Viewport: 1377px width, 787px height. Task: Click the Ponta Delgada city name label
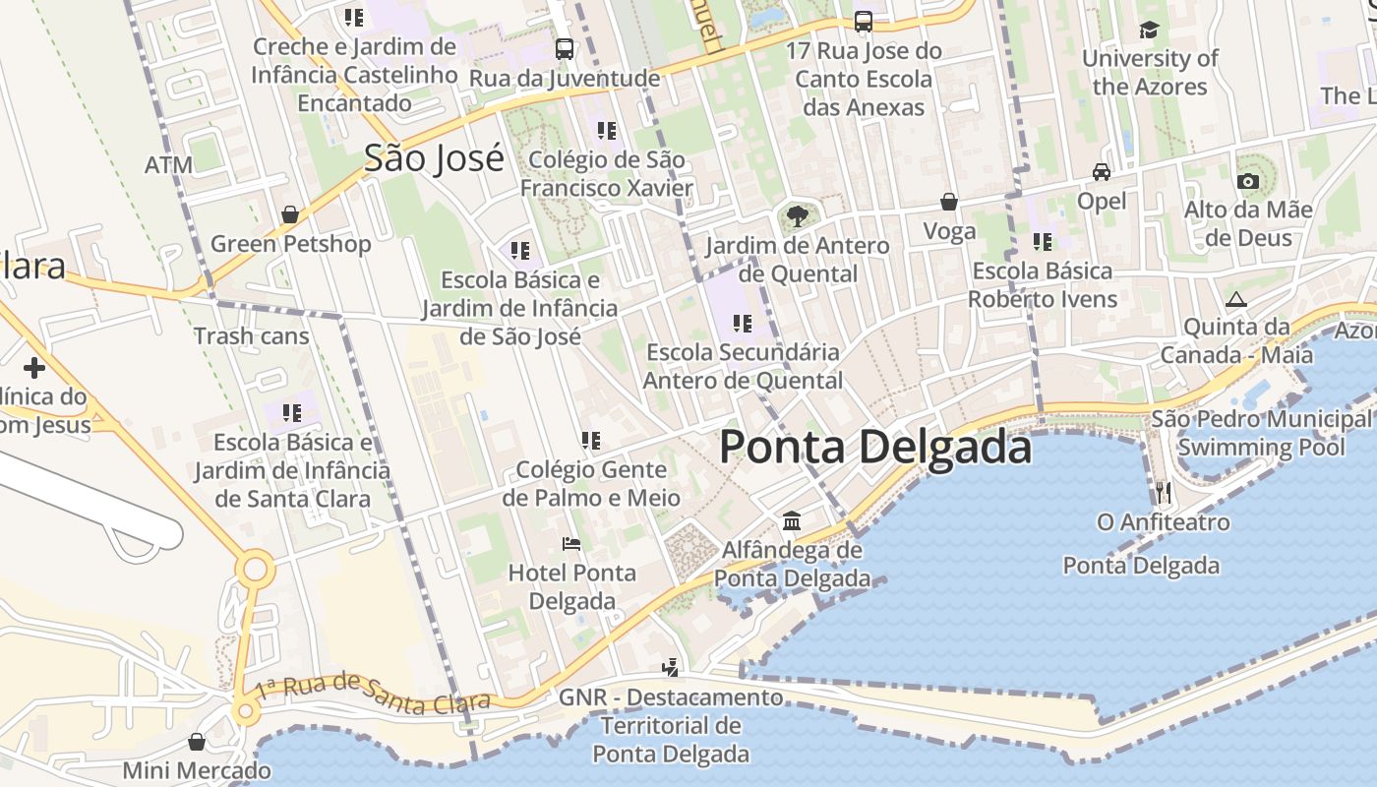[875, 448]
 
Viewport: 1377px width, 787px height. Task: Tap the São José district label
[434, 158]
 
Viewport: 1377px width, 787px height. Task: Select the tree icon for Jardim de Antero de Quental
[797, 216]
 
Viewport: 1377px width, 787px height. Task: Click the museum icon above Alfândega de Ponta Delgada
[792, 520]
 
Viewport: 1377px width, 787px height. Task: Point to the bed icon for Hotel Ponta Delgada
[571, 543]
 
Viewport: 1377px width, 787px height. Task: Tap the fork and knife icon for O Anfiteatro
[1162, 492]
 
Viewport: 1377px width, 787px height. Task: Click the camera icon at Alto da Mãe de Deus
[1247, 181]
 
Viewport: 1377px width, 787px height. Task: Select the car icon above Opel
[1102, 172]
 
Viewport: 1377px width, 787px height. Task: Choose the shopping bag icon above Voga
[949, 202]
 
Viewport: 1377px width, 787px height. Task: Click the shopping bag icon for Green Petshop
[290, 214]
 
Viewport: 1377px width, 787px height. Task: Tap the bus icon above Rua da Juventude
[565, 48]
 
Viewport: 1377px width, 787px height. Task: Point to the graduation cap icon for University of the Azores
[1149, 30]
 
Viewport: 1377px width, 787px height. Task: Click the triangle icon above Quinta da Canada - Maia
[1236, 299]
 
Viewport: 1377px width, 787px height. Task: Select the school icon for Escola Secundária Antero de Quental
[743, 323]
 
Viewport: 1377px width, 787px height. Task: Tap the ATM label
[168, 165]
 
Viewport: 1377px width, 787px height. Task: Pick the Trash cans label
[251, 336]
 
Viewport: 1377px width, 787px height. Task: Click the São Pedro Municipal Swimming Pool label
[1261, 433]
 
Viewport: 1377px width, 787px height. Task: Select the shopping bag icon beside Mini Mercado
[197, 742]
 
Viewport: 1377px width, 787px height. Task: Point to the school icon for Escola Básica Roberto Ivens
[1043, 241]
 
